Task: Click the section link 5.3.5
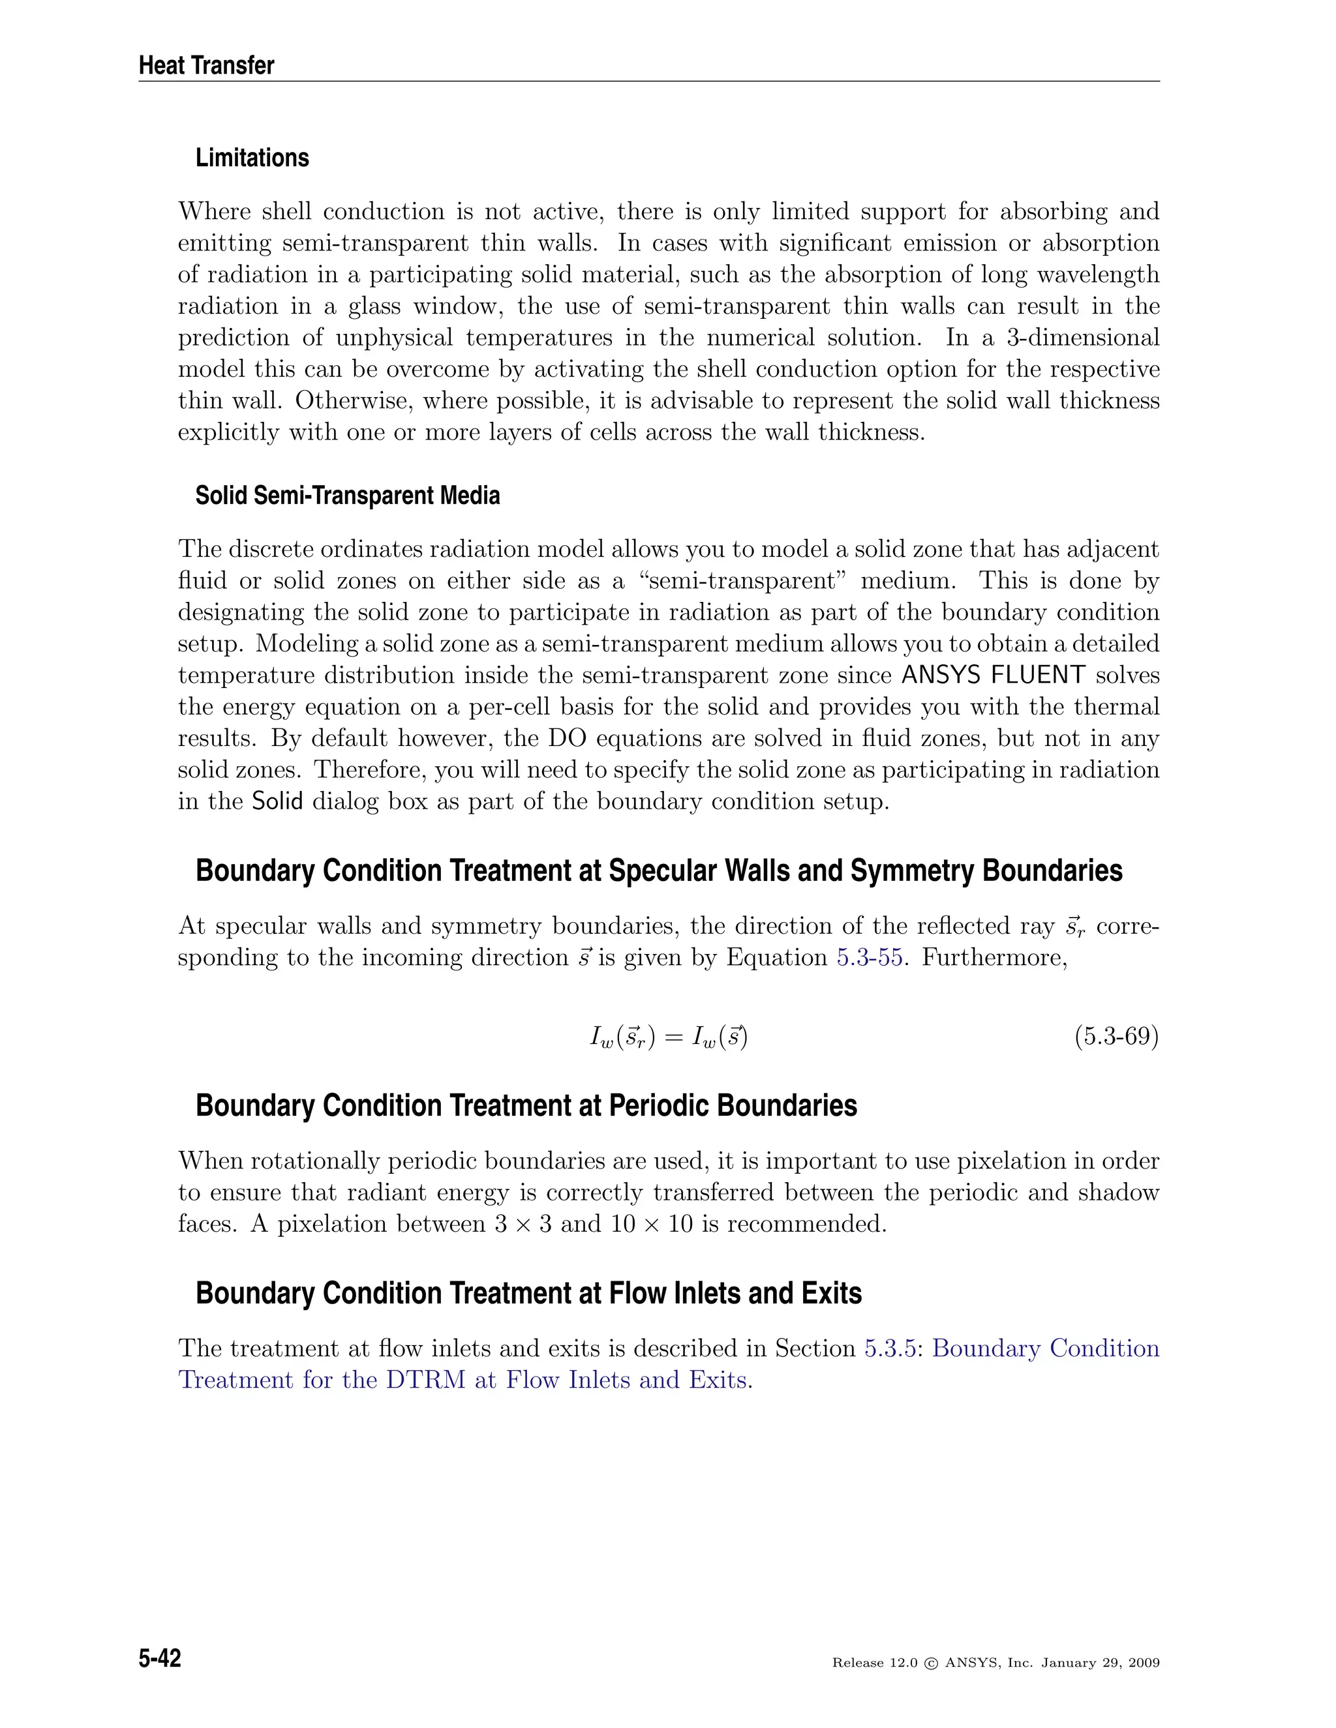click(890, 1348)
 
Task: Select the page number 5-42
click(160, 1658)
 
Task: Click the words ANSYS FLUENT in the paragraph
click(994, 675)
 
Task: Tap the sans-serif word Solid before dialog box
click(277, 801)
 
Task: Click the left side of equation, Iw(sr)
click(622, 1037)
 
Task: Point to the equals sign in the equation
click(673, 1037)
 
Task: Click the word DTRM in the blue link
click(426, 1380)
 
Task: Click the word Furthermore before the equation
click(994, 957)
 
